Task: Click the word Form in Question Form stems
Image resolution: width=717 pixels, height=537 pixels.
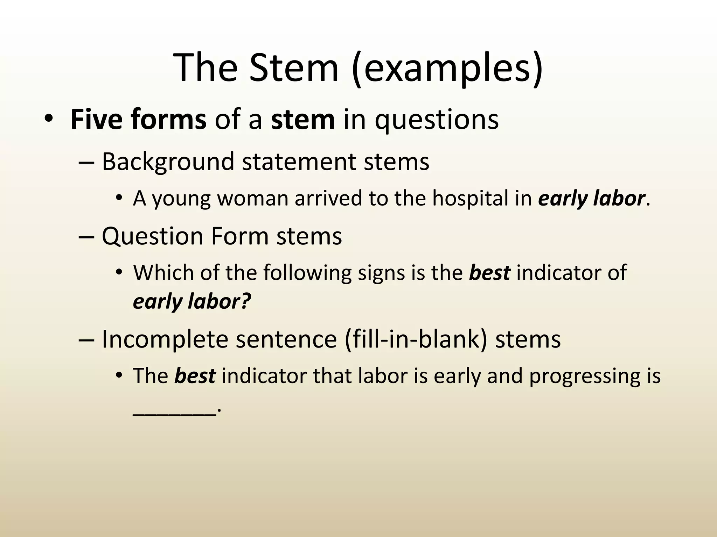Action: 240,236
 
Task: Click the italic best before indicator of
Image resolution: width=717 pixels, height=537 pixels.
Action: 489,273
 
